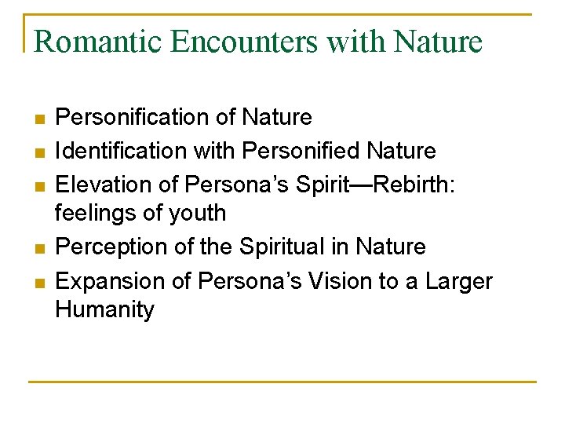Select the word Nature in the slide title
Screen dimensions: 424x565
pos(439,41)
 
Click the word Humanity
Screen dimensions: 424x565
pos(105,309)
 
